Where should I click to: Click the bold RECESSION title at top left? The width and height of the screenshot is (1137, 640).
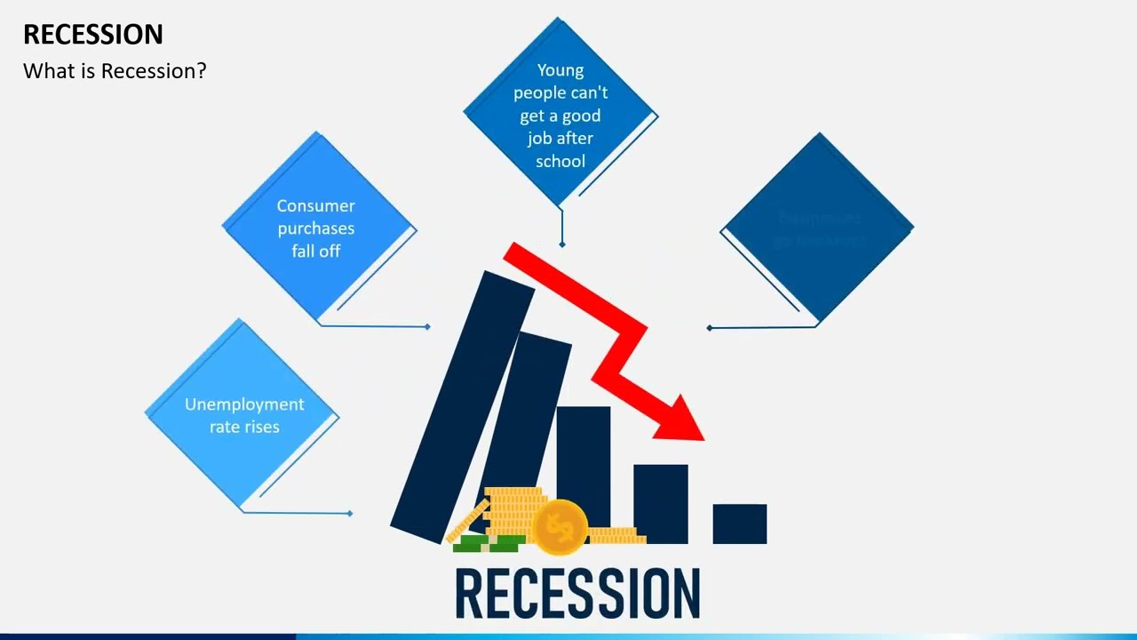[93, 35]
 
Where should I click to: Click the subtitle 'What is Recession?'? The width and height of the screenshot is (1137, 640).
[115, 71]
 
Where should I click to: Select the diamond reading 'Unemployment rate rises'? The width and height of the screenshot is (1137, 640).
[243, 415]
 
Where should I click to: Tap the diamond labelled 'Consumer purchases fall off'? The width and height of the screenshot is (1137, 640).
[318, 228]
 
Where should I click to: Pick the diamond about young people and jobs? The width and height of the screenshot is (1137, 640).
[561, 114]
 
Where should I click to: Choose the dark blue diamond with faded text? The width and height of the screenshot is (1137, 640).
[817, 228]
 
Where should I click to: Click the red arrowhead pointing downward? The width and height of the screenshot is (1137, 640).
[683, 420]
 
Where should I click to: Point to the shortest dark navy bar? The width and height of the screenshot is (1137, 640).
[739, 524]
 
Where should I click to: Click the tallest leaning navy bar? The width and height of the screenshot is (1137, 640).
[462, 400]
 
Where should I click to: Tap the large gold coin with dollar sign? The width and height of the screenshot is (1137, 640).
[560, 526]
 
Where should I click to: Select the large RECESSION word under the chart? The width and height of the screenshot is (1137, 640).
[577, 594]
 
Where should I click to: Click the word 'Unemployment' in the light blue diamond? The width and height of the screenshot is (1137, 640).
[244, 404]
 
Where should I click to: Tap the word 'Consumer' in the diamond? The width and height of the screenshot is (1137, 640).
[315, 206]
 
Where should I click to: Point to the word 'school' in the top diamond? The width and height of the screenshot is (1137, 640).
[561, 162]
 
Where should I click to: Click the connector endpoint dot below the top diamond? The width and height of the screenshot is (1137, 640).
[561, 244]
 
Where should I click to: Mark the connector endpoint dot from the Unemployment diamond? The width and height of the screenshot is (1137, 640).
[350, 513]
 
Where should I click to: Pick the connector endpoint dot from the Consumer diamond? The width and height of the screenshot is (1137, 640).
[427, 327]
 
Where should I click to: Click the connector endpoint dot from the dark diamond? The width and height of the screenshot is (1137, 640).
[709, 328]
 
